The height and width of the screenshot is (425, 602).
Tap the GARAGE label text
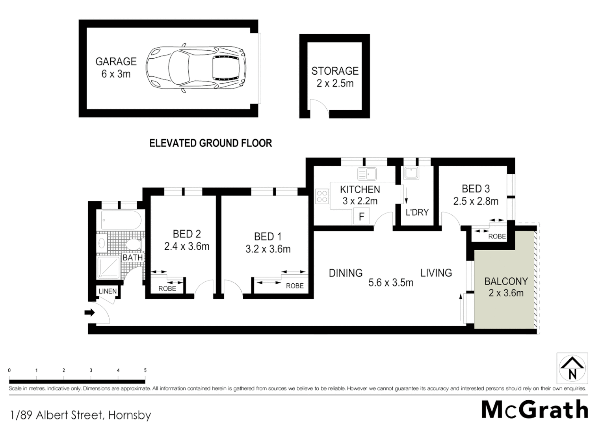[x=116, y=62]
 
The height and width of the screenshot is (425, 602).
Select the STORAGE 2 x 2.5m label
[x=335, y=77]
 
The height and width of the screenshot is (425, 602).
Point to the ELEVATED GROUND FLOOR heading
[x=210, y=143]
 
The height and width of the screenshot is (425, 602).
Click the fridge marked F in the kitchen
[x=361, y=216]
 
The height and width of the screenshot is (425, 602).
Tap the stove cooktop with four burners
[x=322, y=196]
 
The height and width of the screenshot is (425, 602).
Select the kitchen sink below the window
[x=367, y=174]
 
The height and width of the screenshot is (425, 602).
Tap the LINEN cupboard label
[x=108, y=291]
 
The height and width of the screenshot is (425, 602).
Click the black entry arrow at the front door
[x=90, y=313]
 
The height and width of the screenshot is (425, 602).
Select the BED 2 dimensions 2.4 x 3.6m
[x=187, y=247]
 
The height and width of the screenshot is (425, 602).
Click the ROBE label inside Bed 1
[x=295, y=286]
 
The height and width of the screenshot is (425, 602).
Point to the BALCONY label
[x=506, y=281]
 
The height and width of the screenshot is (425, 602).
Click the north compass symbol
[x=572, y=368]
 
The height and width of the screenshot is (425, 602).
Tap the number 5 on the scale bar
[x=145, y=370]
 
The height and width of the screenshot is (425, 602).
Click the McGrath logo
[x=535, y=410]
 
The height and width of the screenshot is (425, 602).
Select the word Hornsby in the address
[x=130, y=415]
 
